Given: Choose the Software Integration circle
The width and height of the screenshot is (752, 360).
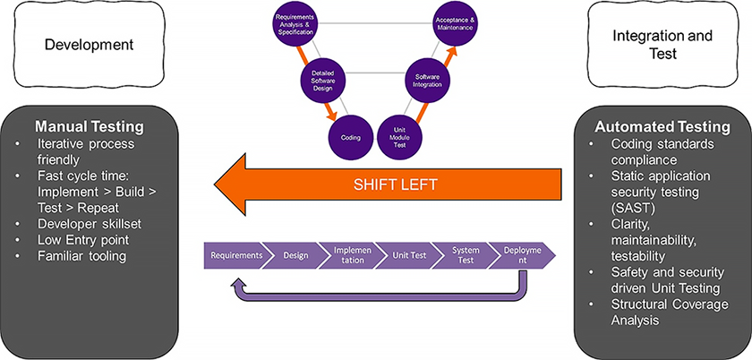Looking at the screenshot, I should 428,81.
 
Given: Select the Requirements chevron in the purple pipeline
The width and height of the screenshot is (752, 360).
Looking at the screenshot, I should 236,255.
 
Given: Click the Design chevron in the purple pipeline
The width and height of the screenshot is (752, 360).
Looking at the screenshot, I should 295,255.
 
